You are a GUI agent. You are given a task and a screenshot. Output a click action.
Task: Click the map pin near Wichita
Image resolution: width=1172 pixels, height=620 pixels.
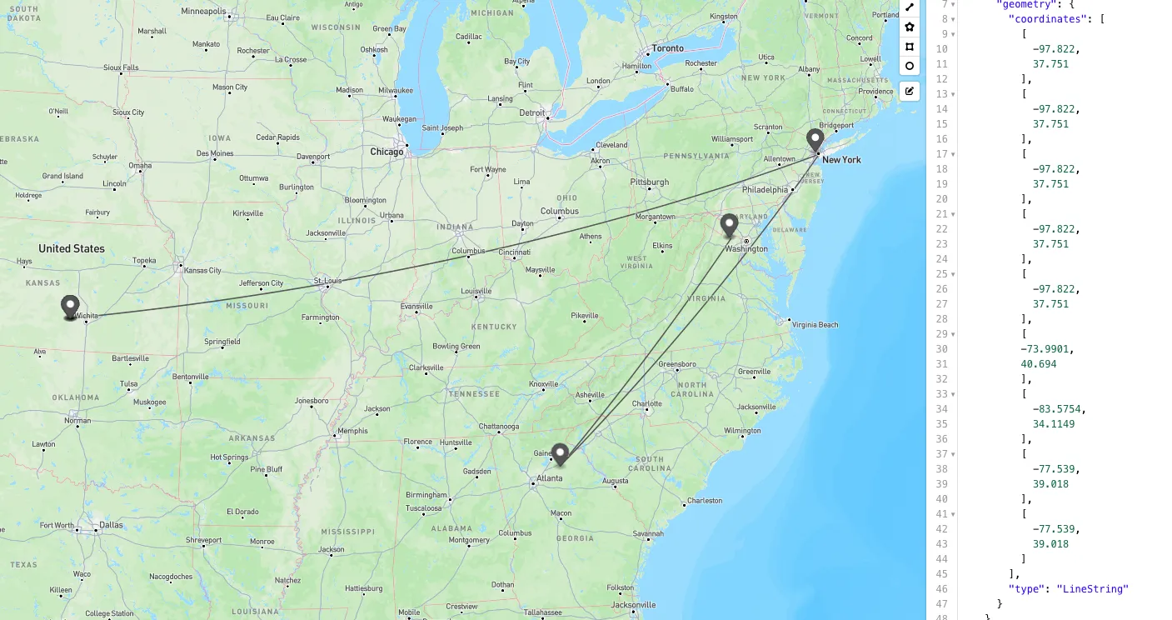70,307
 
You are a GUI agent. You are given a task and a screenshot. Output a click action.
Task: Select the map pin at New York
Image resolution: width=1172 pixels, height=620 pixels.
815,140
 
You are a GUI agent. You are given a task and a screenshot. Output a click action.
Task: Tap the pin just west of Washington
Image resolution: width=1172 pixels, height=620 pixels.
729,225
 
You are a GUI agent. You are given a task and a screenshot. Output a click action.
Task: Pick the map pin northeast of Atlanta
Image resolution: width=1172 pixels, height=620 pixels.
561,453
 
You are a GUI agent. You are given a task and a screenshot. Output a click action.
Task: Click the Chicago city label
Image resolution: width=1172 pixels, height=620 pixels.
387,152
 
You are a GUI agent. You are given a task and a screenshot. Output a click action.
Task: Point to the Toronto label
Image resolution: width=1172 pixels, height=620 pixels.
667,48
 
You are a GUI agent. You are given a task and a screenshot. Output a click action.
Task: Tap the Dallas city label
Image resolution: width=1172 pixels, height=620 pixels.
111,525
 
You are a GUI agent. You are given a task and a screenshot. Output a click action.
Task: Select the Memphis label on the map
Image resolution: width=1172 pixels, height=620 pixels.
352,431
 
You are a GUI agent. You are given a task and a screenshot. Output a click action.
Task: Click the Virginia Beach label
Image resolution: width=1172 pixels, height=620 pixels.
815,325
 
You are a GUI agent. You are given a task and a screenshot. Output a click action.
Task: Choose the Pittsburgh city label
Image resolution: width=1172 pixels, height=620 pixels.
650,182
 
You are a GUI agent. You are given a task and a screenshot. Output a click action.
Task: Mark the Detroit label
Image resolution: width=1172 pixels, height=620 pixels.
531,112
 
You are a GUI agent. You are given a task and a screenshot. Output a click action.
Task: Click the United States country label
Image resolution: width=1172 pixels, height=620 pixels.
72,248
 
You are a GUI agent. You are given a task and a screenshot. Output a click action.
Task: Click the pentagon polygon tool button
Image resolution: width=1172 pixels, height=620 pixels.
910,27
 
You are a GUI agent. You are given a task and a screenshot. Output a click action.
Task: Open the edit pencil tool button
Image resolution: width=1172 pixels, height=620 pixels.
910,91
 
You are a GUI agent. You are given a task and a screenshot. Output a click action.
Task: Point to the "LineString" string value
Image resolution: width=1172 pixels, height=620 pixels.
1092,589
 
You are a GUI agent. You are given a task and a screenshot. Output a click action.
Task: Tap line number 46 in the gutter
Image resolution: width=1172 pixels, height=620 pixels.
941,589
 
